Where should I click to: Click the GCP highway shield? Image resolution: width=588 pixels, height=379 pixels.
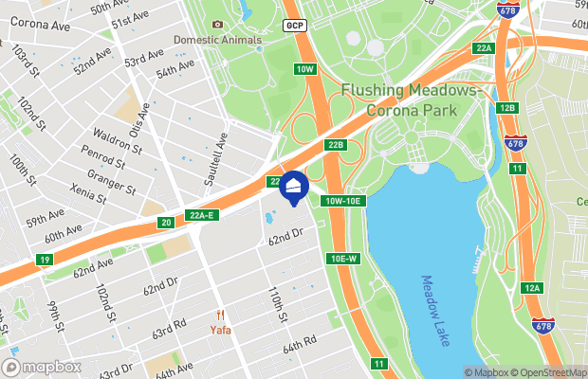point(293,25)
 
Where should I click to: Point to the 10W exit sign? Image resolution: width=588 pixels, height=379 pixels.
point(303,69)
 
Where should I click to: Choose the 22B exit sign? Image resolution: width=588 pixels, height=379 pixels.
point(335,145)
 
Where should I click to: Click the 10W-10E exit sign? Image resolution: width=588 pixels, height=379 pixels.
point(343,201)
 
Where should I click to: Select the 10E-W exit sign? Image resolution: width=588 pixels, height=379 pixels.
point(342,259)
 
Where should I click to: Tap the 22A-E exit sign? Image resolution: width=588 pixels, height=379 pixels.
point(202,215)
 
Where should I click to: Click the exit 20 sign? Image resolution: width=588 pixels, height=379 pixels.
point(166,223)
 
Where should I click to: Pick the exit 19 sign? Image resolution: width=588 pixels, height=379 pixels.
point(45,260)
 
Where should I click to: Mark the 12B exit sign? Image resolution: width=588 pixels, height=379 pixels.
point(507,108)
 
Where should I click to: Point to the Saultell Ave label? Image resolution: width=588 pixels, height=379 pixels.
point(220,160)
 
